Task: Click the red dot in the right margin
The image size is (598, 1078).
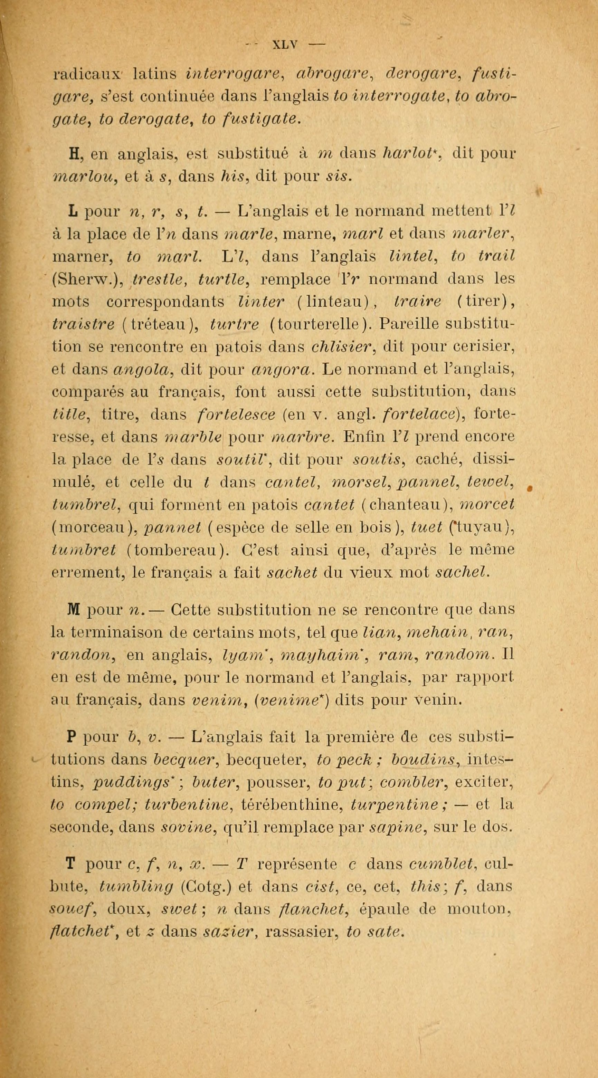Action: click(529, 488)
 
